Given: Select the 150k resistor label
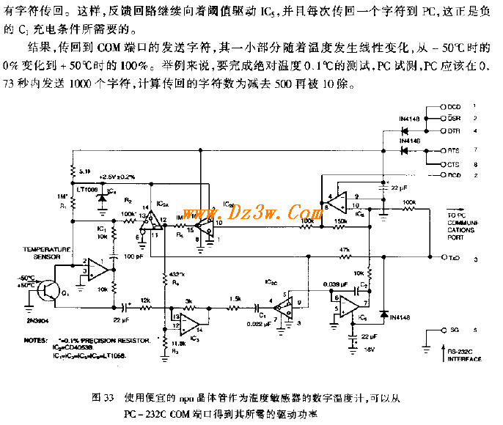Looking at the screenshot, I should (341, 220).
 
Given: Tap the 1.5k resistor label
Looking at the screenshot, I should (235, 299).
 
